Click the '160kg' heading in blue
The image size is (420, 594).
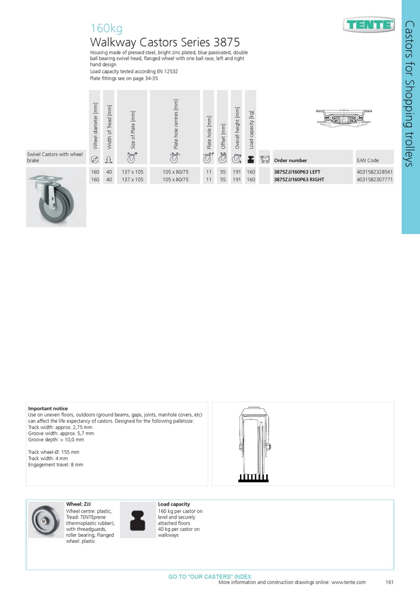point(106,28)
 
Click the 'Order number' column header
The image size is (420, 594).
point(290,160)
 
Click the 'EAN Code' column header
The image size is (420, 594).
point(367,160)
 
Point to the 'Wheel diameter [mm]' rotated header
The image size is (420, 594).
point(94,125)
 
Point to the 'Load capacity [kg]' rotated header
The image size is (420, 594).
point(251,128)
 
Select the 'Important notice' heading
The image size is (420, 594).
point(48,409)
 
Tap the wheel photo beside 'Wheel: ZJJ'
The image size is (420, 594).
point(46,519)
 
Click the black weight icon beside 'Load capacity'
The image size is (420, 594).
point(138,518)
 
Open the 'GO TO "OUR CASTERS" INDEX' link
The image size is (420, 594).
point(210,577)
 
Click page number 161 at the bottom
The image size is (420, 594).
point(390,583)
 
